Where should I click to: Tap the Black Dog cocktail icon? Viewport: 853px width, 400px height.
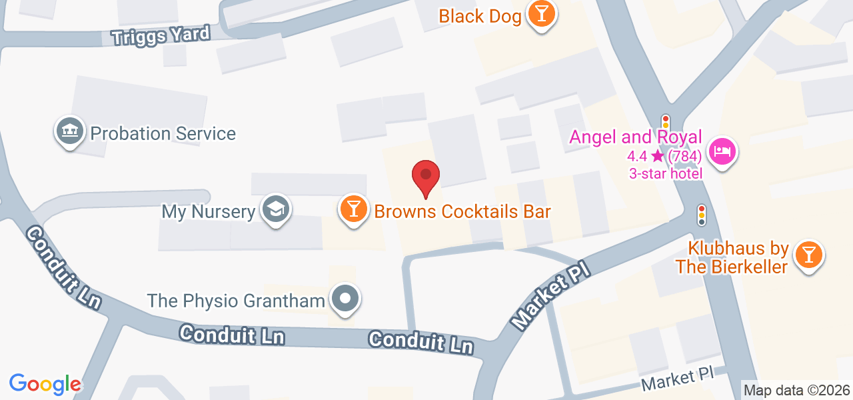coord(541,15)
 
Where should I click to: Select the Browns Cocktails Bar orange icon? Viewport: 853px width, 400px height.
coord(354,209)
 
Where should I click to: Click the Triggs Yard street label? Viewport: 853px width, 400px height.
coord(161,35)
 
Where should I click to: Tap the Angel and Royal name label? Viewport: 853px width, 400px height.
coord(635,137)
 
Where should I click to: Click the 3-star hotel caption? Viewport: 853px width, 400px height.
coord(666,174)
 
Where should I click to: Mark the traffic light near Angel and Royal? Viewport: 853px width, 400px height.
coord(665,122)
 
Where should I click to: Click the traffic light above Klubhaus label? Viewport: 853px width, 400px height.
coord(701,214)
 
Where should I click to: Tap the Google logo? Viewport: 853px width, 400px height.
coord(45,383)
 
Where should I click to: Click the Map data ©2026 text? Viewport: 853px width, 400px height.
coord(796,390)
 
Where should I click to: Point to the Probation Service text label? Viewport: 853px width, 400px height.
coord(163,133)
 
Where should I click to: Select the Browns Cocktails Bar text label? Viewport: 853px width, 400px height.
coord(462,211)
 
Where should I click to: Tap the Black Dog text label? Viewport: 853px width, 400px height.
coord(480,16)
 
